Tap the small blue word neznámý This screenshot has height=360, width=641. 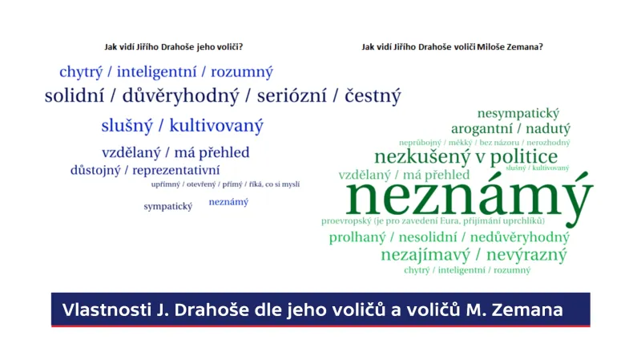[228, 202]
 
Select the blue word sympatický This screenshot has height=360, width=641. [168, 206]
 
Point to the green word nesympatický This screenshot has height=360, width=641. [518, 114]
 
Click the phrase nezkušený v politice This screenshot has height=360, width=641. [466, 156]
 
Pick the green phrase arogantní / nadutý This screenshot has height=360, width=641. [510, 128]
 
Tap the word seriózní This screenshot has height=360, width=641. [292, 97]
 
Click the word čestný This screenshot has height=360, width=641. [373, 97]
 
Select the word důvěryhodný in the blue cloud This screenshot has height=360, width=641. [181, 97]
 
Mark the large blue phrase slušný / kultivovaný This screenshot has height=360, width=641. [182, 126]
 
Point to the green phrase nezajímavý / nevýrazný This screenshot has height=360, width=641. [474, 255]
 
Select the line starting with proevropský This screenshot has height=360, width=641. [433, 220]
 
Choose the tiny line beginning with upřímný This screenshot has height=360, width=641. [225, 184]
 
